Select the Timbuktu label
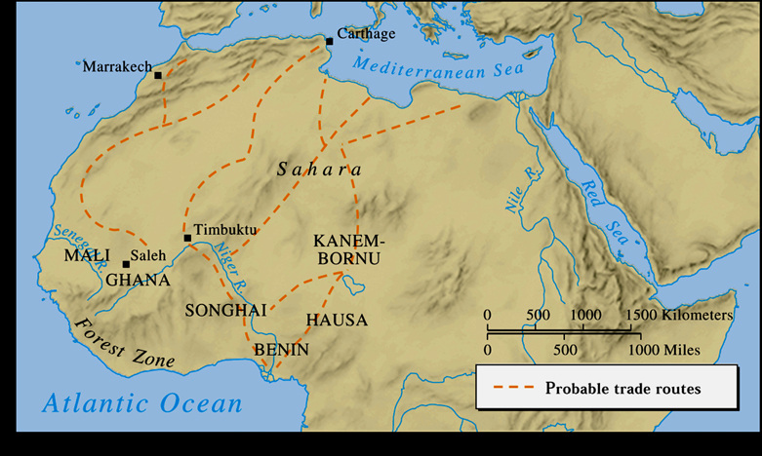225,230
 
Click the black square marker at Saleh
126,264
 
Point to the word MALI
80,256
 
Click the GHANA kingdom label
138,281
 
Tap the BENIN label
281,349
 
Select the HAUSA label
337,320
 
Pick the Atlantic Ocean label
141,402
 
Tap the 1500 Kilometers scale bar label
681,315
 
